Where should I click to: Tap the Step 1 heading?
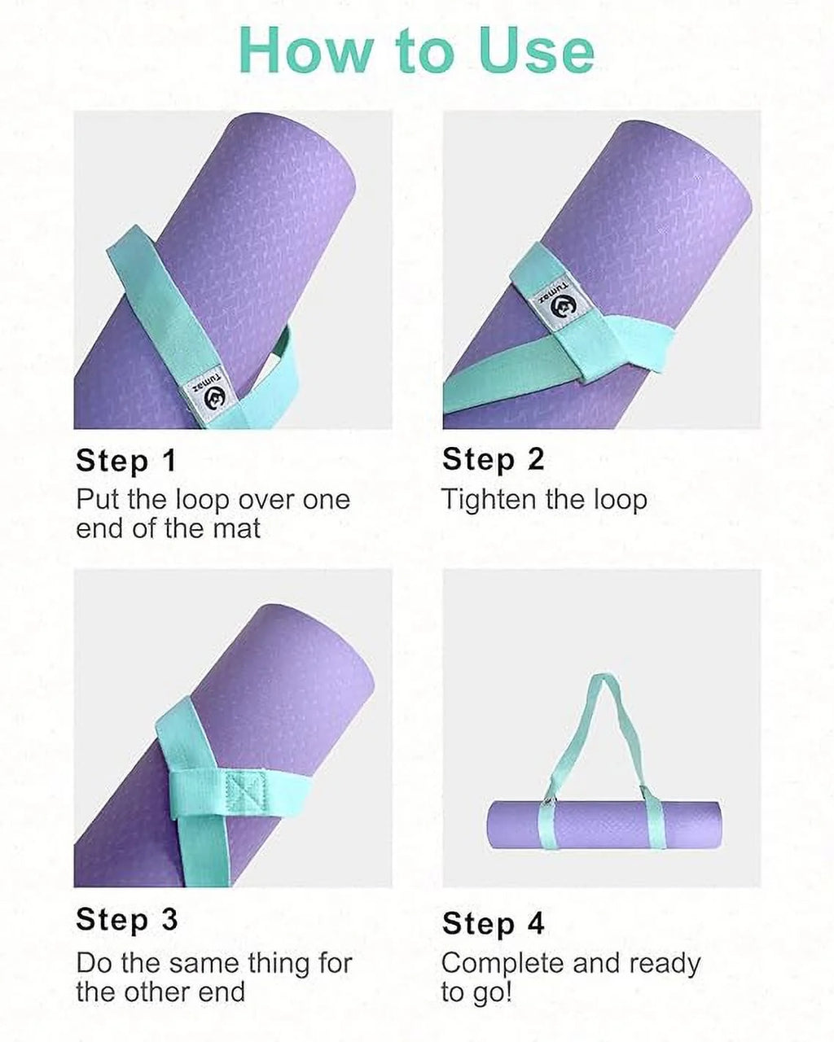(126, 461)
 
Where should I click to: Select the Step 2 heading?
(493, 459)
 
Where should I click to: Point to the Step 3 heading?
(126, 920)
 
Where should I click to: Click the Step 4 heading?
(493, 923)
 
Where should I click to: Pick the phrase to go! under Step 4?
(476, 993)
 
